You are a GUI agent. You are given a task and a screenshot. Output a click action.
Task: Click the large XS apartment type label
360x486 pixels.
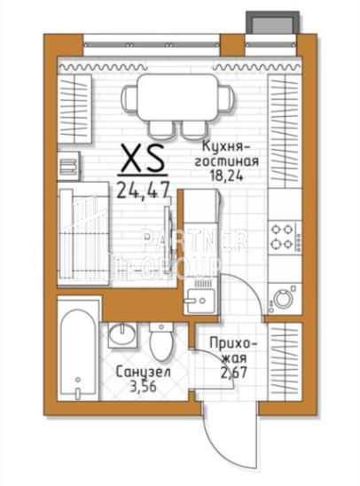(143, 159)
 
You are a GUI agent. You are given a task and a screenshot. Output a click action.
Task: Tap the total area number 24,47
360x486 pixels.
(143, 190)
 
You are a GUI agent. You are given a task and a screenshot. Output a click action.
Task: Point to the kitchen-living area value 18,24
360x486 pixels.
(226, 176)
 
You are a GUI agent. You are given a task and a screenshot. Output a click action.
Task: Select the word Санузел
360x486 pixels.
(143, 372)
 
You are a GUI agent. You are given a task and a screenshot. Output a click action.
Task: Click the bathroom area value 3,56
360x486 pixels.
(143, 387)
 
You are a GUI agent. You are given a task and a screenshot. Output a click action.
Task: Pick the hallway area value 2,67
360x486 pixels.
(234, 372)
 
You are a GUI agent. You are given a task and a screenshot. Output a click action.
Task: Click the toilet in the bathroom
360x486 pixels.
(160, 341)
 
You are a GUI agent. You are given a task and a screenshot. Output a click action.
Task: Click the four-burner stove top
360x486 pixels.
(285, 237)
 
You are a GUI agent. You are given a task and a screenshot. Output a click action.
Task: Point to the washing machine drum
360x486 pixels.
(283, 299)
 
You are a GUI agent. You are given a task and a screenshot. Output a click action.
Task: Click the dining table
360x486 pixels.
(177, 98)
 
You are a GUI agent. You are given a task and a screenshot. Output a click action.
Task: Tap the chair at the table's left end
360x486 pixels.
(129, 98)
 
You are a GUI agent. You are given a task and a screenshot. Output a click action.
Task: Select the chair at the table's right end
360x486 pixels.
(225, 98)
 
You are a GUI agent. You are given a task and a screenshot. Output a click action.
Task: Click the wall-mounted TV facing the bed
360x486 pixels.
(168, 239)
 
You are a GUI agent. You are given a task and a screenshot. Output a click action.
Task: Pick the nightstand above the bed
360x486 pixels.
(69, 166)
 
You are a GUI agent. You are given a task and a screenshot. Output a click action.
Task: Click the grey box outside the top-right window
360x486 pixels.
(273, 21)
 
